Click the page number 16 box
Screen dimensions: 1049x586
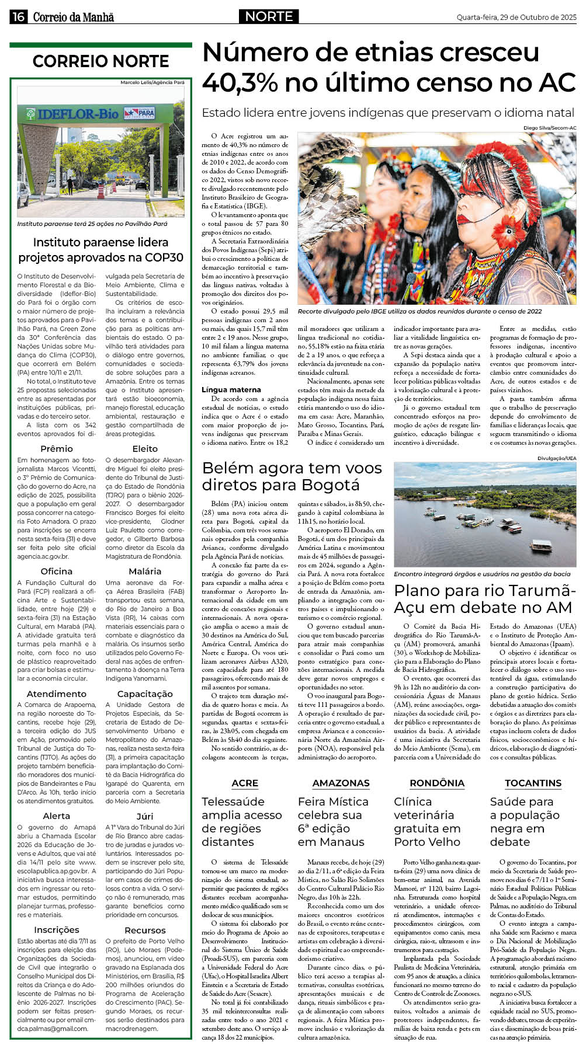click(x=18, y=17)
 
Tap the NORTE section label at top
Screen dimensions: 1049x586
click(x=269, y=16)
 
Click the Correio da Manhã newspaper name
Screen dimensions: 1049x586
click(x=73, y=18)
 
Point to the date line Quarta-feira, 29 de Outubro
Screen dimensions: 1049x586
click(x=516, y=18)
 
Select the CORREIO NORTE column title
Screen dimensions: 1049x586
click(x=100, y=61)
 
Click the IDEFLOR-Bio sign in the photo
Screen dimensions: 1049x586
click(x=78, y=114)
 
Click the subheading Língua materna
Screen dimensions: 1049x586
click(x=231, y=389)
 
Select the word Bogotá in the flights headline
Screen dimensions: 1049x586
click(x=331, y=485)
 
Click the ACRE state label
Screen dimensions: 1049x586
click(x=245, y=783)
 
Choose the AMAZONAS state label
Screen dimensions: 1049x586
click(x=341, y=783)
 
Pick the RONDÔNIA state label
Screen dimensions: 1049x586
click(x=437, y=783)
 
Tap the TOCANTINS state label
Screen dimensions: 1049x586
click(x=533, y=783)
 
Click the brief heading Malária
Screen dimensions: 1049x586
click(x=145, y=571)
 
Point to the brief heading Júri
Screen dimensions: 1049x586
click(x=145, y=816)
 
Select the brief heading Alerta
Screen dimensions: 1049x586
click(x=57, y=816)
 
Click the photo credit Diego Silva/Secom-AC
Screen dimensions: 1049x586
click(x=550, y=128)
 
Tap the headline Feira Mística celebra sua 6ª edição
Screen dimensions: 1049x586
click(x=332, y=822)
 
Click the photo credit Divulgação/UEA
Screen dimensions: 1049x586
click(x=557, y=458)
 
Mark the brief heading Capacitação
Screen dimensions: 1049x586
click(x=145, y=693)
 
